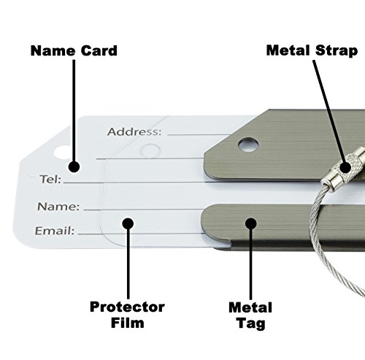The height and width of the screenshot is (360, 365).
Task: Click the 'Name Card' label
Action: click(x=73, y=51)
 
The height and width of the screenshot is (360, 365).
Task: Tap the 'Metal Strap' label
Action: click(x=311, y=50)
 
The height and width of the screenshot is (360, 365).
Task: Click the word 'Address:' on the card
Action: click(x=134, y=132)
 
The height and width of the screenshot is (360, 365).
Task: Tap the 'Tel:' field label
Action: click(x=50, y=178)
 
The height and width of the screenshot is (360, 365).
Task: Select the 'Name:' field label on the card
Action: click(x=58, y=207)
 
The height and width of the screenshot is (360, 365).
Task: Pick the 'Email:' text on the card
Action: click(x=55, y=231)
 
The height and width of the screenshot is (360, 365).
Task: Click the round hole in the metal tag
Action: click(x=249, y=143)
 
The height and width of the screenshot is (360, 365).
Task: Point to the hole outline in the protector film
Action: click(x=150, y=150)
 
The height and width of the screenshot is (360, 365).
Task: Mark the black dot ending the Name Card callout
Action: click(x=74, y=165)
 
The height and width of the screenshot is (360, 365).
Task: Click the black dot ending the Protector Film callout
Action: click(x=126, y=223)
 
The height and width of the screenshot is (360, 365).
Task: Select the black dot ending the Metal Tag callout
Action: click(x=251, y=223)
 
